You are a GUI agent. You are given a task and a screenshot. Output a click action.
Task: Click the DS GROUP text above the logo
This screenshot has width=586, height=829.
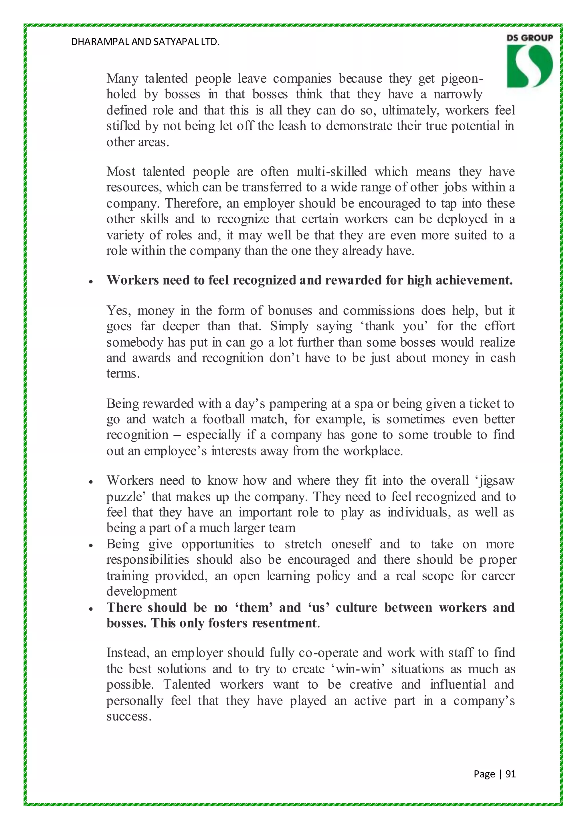pyautogui.click(x=529, y=37)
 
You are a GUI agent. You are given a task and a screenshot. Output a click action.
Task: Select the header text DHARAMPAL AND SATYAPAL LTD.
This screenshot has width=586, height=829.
pyautogui.click(x=145, y=42)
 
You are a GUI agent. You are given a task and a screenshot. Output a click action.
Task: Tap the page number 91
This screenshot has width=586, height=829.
pyautogui.click(x=510, y=774)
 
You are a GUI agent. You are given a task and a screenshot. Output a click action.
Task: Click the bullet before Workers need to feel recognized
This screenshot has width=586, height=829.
pyautogui.click(x=91, y=282)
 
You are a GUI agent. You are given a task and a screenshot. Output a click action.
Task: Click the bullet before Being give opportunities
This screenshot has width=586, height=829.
pyautogui.click(x=91, y=546)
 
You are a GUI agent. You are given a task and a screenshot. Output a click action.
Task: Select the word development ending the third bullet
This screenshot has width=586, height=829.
pyautogui.click(x=141, y=591)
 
